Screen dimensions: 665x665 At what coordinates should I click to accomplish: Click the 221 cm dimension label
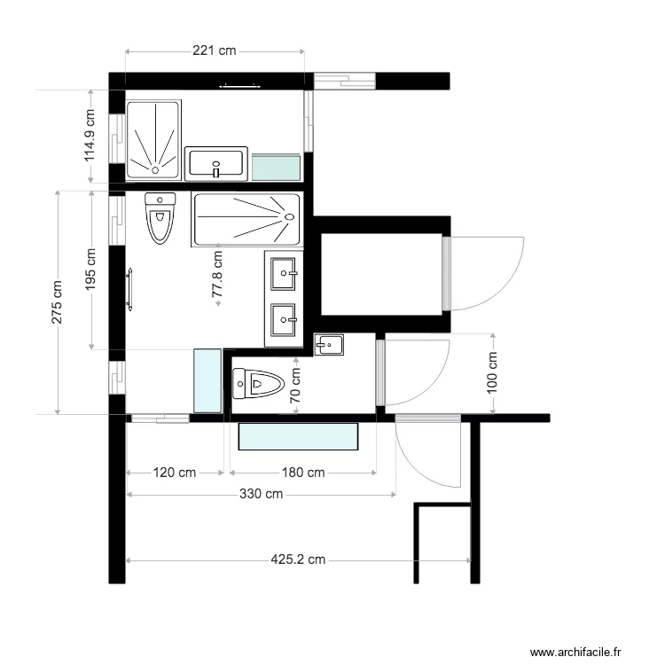(x=215, y=51)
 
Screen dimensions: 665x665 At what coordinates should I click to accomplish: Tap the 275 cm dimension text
(x=58, y=302)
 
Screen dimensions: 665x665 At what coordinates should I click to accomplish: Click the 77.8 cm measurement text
(x=216, y=278)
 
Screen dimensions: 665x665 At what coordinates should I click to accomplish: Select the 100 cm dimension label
(x=493, y=373)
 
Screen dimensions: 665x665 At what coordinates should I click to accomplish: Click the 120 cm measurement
(x=175, y=473)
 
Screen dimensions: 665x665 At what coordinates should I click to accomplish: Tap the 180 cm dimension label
(x=303, y=473)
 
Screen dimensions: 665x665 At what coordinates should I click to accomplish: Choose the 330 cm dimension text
(x=261, y=494)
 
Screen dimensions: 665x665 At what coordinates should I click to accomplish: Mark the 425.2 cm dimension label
(x=298, y=559)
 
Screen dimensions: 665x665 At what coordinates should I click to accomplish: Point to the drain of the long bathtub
(x=288, y=216)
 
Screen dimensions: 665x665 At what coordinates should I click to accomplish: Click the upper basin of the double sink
(x=285, y=272)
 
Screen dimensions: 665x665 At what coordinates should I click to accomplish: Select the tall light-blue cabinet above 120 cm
(x=207, y=380)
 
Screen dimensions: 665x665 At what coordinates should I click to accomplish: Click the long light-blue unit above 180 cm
(x=299, y=437)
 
